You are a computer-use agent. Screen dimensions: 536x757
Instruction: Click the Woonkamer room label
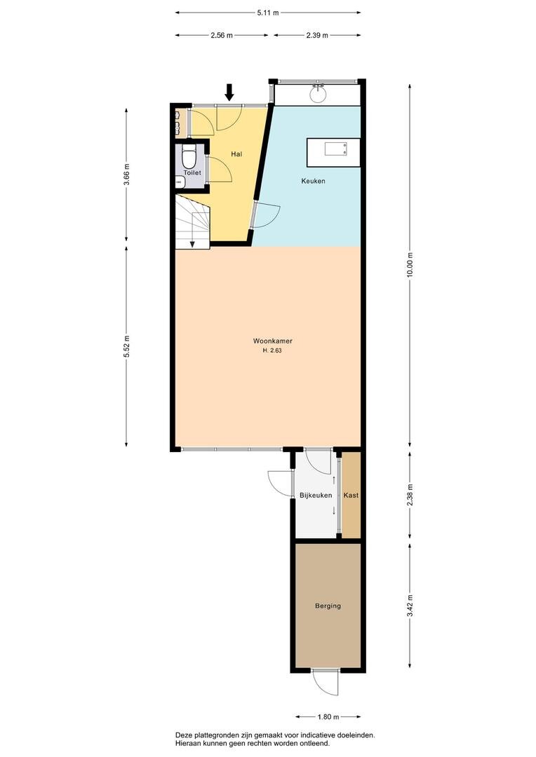[273, 341]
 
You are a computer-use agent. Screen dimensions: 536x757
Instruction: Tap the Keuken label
[313, 181]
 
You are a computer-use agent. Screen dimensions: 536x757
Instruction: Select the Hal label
[236, 154]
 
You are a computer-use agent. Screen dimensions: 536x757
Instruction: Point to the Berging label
[328, 606]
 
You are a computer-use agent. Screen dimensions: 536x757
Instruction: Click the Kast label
[351, 495]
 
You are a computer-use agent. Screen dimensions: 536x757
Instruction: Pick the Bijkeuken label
[316, 496]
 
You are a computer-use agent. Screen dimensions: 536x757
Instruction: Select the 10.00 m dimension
[410, 264]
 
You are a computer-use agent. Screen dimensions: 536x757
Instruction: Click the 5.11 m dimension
[268, 13]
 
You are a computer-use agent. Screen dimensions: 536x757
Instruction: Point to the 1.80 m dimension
[328, 716]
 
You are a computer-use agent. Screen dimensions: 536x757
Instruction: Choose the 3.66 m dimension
[126, 175]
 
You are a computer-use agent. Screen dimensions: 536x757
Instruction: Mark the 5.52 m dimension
[126, 346]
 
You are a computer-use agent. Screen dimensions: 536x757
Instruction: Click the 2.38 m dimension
[410, 495]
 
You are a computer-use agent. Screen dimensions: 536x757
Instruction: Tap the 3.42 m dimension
[410, 606]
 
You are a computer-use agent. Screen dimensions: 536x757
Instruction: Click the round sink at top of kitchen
[318, 94]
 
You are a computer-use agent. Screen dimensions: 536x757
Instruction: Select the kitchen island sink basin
[335, 149]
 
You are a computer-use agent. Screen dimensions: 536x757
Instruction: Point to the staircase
[192, 222]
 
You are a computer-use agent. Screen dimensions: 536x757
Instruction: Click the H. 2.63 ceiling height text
[272, 350]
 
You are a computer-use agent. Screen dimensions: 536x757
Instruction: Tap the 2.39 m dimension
[317, 35]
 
